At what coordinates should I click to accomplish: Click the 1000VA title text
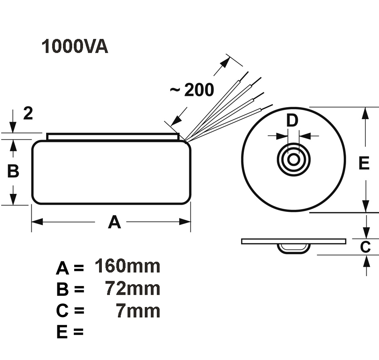click(x=75, y=47)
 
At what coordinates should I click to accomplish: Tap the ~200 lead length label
click(x=192, y=90)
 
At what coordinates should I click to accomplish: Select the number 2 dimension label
click(x=28, y=114)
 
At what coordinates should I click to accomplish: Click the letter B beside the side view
click(x=13, y=171)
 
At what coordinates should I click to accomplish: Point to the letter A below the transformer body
click(x=114, y=222)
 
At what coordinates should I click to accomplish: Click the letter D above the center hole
click(x=293, y=120)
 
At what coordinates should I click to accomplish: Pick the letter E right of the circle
click(x=363, y=163)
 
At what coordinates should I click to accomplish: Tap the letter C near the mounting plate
click(x=365, y=247)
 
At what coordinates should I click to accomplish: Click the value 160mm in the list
click(x=128, y=266)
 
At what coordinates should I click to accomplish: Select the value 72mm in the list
click(x=133, y=289)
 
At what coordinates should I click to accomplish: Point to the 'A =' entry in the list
click(x=69, y=268)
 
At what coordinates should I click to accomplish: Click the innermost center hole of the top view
click(x=294, y=159)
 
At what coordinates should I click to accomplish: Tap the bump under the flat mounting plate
click(x=294, y=248)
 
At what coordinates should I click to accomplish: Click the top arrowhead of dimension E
click(x=365, y=112)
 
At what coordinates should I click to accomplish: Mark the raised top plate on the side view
click(x=113, y=137)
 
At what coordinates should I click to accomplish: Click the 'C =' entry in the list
click(x=69, y=311)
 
